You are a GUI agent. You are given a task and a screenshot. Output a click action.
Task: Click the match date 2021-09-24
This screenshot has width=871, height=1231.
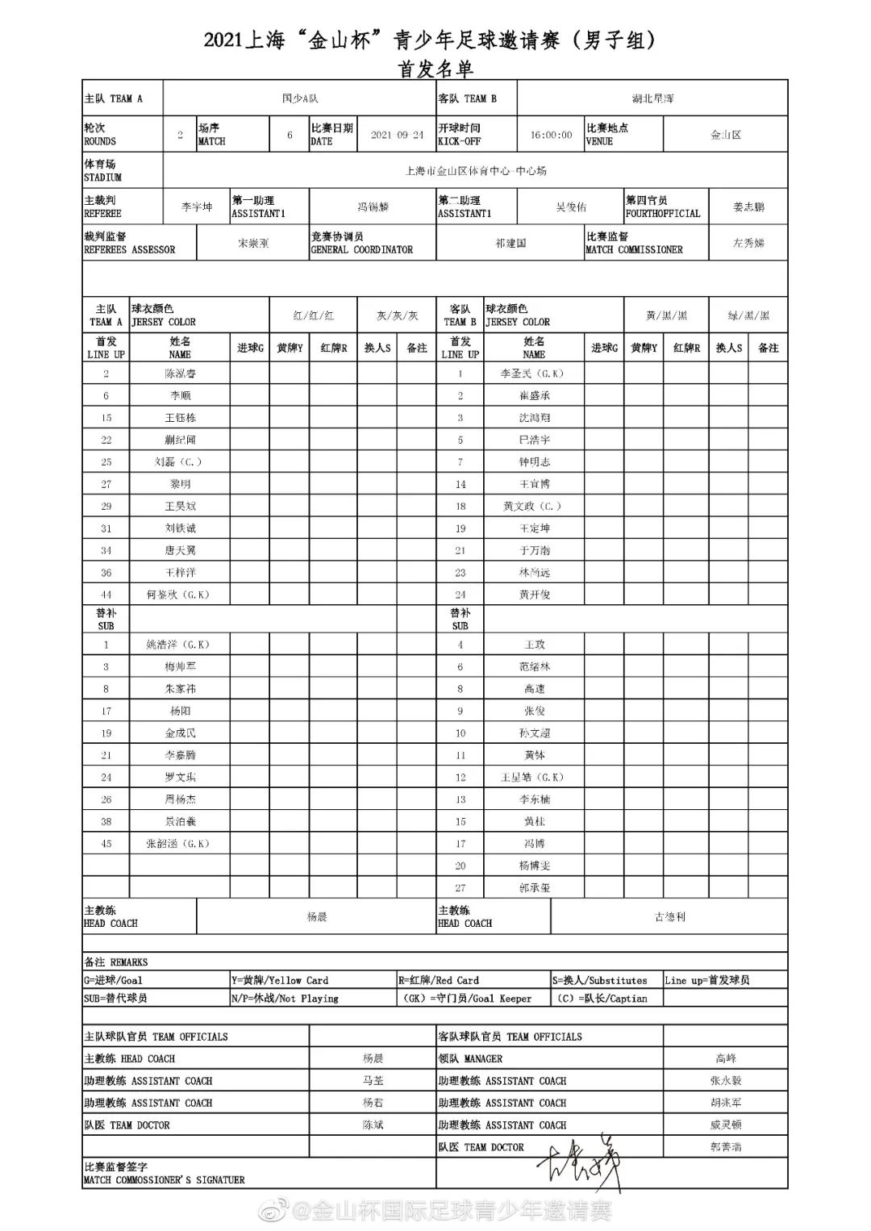pyautogui.click(x=397, y=135)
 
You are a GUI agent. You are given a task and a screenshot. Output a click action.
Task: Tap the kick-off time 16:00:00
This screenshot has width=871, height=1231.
pyautogui.click(x=551, y=135)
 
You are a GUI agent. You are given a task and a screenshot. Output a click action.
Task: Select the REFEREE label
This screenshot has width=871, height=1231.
pyautogui.click(x=102, y=214)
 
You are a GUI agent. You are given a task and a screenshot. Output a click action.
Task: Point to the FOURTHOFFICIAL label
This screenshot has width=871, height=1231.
pyautogui.click(x=663, y=214)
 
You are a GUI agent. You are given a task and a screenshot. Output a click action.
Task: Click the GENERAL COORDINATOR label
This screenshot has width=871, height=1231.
pyautogui.click(x=361, y=250)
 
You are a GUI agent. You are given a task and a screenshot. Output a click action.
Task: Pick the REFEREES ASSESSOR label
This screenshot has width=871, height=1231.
pyautogui.click(x=129, y=250)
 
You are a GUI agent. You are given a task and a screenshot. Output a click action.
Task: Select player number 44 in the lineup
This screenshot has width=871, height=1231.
pyautogui.click(x=106, y=595)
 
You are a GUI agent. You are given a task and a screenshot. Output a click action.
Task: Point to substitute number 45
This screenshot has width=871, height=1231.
pyautogui.click(x=106, y=844)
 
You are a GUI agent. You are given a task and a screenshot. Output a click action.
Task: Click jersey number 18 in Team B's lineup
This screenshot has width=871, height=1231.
pyautogui.click(x=461, y=507)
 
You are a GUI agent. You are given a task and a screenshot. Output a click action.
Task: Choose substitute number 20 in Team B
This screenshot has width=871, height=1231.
pyautogui.click(x=461, y=866)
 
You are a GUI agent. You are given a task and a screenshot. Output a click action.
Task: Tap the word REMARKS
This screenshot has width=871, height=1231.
pyautogui.click(x=129, y=962)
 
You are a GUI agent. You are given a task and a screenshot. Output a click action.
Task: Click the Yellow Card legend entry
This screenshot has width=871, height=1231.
pyautogui.click(x=280, y=981)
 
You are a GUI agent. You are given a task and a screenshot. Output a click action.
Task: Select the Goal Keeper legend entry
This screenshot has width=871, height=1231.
pyautogui.click(x=468, y=999)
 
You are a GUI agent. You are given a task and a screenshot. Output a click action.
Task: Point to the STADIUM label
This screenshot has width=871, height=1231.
pyautogui.click(x=102, y=177)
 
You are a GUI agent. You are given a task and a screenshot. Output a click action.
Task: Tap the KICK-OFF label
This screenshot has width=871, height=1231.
pyautogui.click(x=459, y=141)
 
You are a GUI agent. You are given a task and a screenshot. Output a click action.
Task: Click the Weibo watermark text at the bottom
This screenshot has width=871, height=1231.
pyautogui.click(x=452, y=1211)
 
